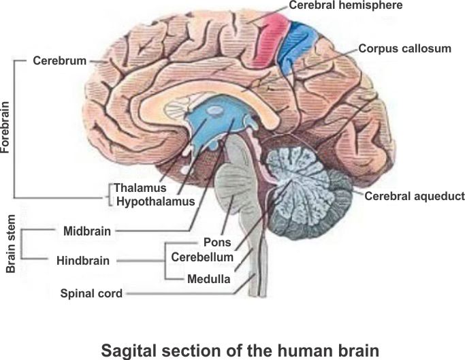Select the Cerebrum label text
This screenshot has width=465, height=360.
coord(60,61)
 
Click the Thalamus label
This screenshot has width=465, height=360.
coord(140,188)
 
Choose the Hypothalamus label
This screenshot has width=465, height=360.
coord(156,201)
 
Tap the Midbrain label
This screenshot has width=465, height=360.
coord(86,231)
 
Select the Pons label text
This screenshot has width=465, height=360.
coord(217,242)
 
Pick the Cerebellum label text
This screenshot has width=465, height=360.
coord(202,257)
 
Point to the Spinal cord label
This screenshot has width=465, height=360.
coord(91,294)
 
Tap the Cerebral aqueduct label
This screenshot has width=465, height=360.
coord(415,196)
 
